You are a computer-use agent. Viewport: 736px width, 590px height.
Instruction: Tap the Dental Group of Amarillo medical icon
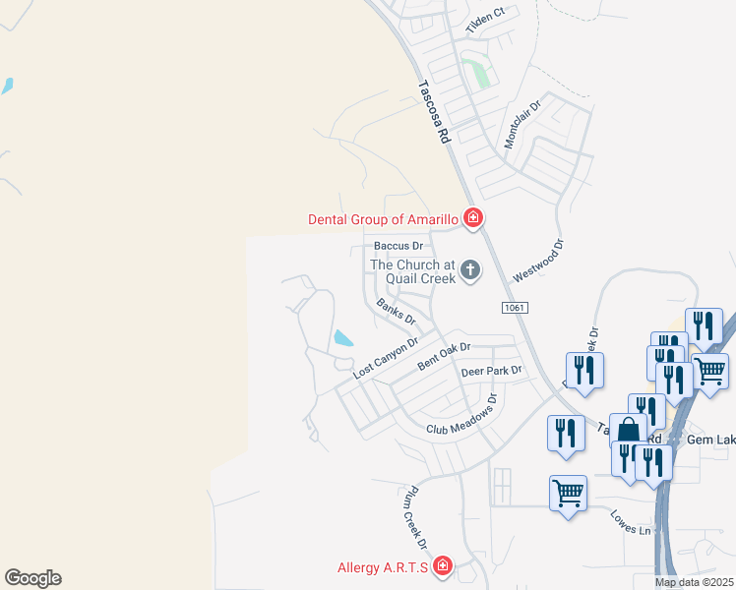point(472,218)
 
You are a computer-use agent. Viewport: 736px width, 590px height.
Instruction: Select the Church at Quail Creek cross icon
point(470,270)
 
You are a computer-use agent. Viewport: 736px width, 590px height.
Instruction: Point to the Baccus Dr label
point(399,246)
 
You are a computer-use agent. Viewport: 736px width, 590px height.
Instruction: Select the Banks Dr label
point(397,311)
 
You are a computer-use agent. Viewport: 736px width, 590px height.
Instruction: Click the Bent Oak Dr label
point(444,355)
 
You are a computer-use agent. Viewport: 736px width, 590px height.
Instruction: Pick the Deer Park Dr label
point(490,371)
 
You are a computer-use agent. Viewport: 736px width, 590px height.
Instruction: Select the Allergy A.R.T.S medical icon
point(442,565)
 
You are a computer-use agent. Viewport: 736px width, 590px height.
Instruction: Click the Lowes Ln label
point(631,522)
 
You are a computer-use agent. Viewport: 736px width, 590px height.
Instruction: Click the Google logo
point(32,578)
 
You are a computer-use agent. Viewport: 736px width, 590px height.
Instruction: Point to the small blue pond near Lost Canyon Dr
point(343,339)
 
